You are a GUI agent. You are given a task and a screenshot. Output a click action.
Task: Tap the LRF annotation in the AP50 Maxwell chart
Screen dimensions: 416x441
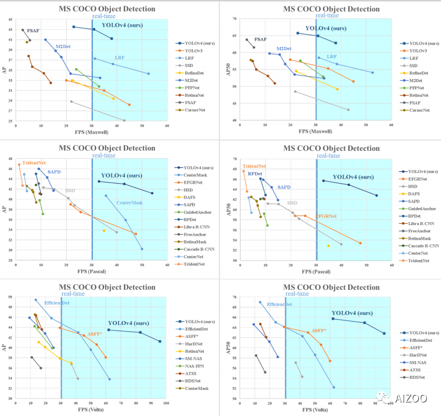coord(332,57)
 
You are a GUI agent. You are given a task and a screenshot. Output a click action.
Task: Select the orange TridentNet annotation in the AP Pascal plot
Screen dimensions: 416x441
coord(34,162)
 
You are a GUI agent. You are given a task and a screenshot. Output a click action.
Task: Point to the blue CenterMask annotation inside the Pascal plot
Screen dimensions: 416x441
coord(130,202)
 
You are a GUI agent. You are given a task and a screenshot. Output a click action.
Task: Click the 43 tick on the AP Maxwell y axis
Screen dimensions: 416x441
coord(10,19)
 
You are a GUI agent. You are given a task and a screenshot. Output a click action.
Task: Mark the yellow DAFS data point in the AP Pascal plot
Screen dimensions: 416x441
coord(104,231)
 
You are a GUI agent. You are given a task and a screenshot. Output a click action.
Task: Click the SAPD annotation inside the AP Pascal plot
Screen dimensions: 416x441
coord(54,171)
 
